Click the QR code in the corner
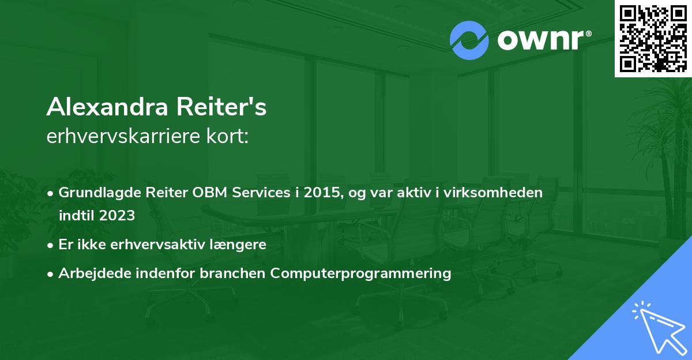[x=653, y=38]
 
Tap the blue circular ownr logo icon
[x=469, y=40]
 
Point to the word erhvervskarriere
[x=125, y=137]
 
